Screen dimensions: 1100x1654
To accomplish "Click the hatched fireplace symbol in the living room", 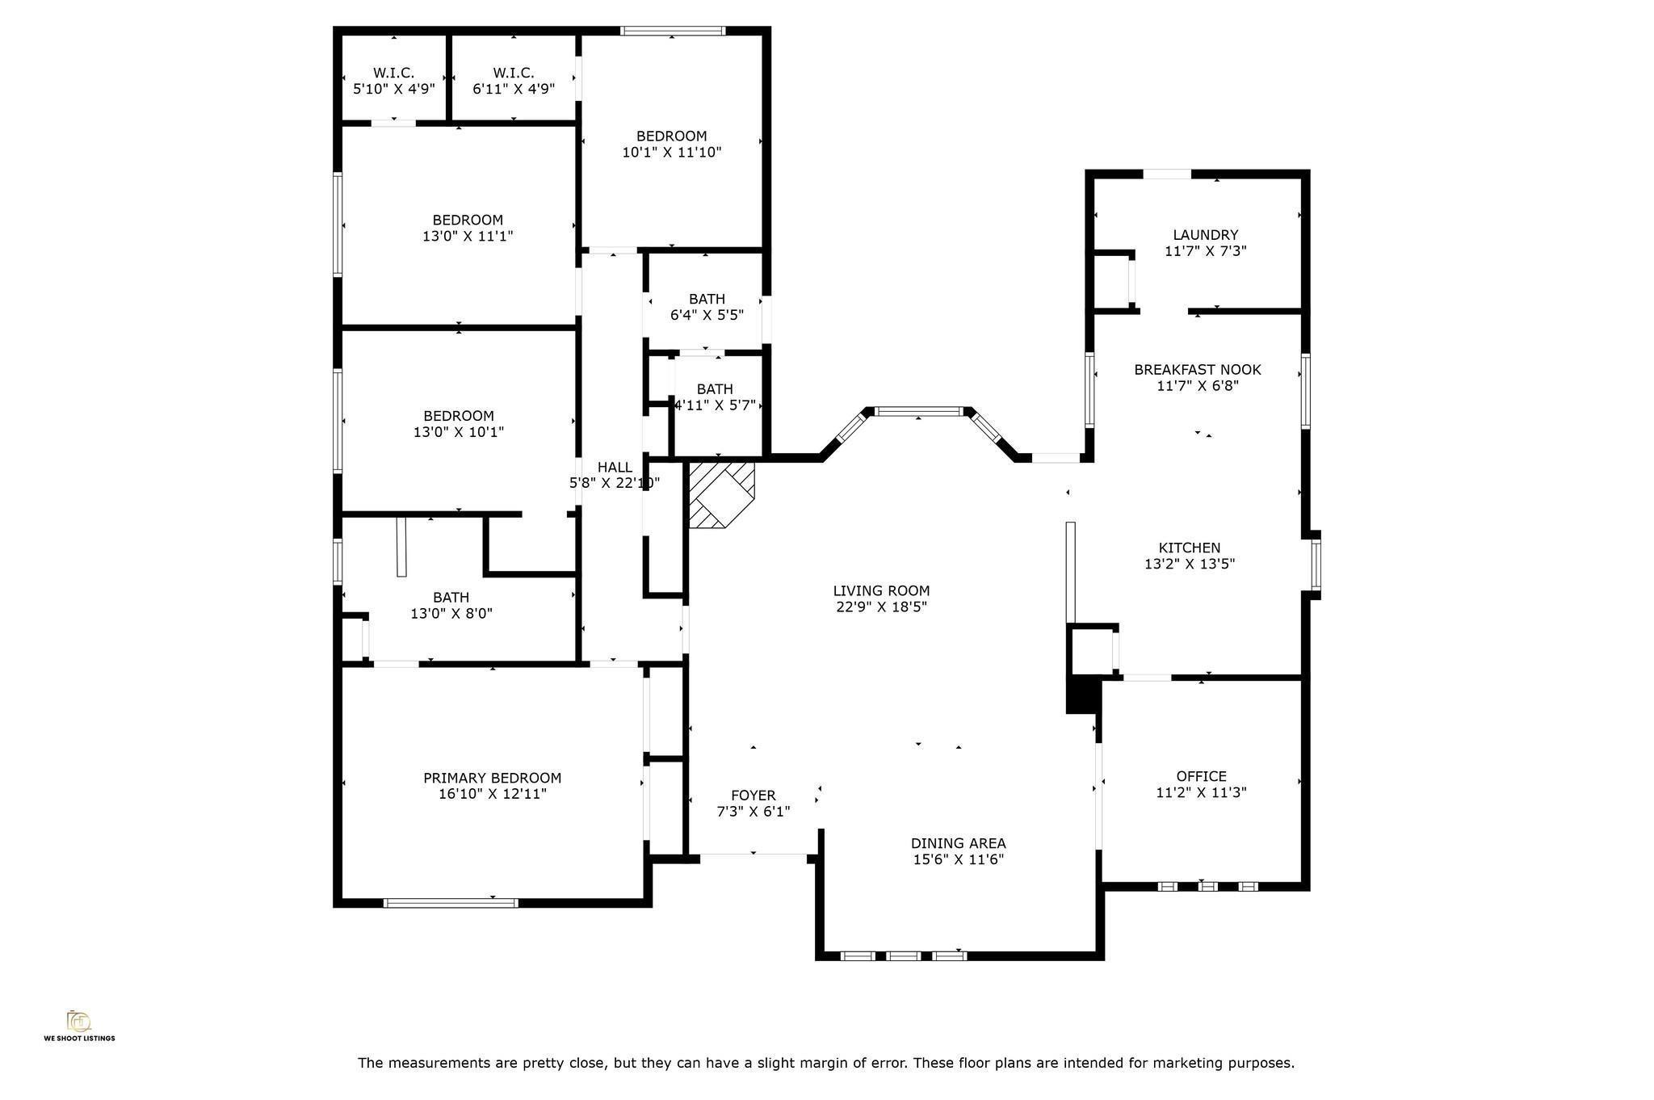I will [720, 494].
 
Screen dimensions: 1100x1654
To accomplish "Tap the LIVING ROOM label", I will [881, 590].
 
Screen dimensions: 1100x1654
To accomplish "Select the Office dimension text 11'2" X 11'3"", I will [1201, 792].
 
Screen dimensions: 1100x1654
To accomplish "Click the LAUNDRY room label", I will [1205, 235].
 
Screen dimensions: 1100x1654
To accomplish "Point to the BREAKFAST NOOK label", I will [1197, 369].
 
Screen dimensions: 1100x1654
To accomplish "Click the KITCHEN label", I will [1189, 548].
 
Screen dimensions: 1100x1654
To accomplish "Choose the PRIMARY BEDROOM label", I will [492, 778].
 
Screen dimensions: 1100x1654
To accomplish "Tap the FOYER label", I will [753, 796].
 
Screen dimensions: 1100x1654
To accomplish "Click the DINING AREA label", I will [958, 843].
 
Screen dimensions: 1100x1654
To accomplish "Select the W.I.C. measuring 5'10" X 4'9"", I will [393, 81].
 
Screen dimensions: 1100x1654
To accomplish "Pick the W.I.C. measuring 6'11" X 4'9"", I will [514, 81].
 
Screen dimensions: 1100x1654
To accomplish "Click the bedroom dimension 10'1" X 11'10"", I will [671, 152].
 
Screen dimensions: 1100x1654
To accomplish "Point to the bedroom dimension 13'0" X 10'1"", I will [459, 432].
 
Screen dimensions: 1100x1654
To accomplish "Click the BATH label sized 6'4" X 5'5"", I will [707, 299].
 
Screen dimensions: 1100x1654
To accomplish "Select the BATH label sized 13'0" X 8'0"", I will [451, 598].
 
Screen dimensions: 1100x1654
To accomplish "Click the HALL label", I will [615, 467].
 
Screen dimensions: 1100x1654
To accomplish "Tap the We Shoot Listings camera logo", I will [78, 1021].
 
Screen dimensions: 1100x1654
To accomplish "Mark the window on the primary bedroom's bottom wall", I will [451, 903].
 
